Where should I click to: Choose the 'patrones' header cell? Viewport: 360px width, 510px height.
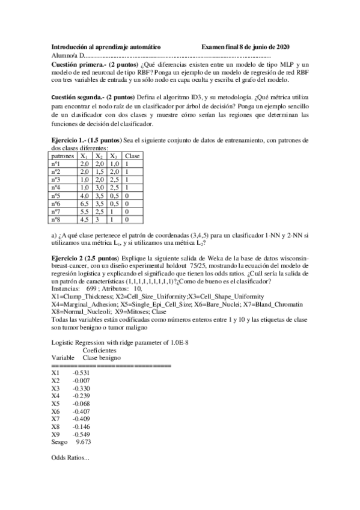[63, 156]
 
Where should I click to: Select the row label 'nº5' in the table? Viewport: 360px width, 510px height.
[58, 195]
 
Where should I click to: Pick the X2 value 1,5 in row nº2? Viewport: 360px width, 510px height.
[100, 171]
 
